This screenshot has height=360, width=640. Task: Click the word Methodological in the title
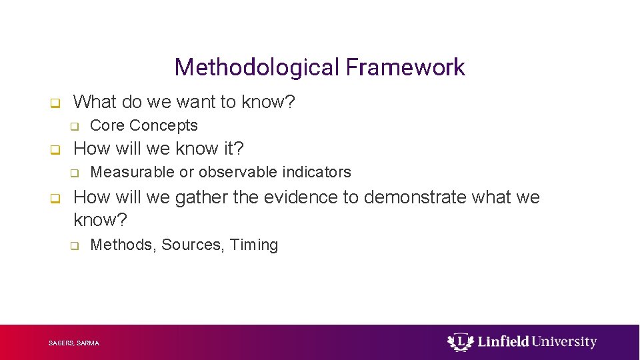click(257, 67)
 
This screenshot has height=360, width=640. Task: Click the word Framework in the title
click(405, 67)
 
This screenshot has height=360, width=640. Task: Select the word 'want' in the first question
click(195, 102)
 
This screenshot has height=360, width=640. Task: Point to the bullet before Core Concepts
click(75, 127)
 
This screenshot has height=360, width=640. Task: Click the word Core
click(107, 125)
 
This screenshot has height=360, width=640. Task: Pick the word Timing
click(254, 245)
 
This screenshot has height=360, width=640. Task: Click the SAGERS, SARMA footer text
click(74, 343)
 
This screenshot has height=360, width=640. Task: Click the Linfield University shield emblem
click(460, 342)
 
